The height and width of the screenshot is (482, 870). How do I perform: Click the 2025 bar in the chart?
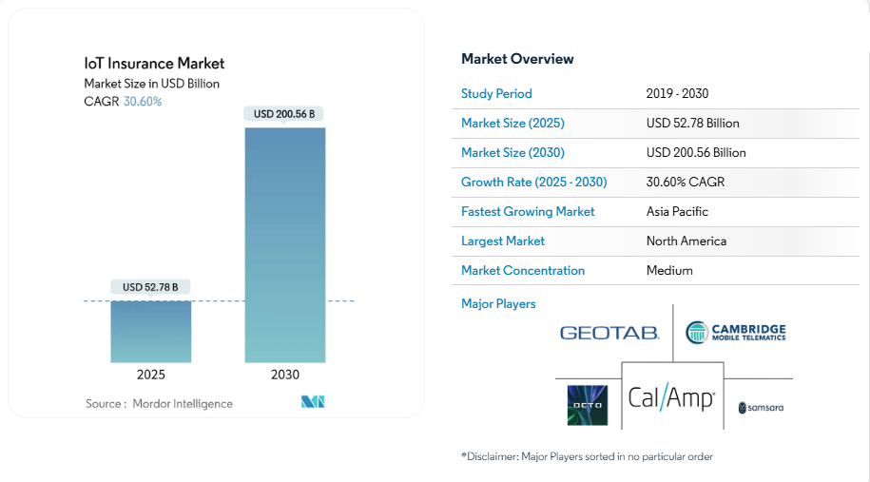(x=151, y=331)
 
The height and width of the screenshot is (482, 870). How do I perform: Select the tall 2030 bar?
(x=285, y=244)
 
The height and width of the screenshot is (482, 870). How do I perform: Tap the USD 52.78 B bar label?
(x=150, y=287)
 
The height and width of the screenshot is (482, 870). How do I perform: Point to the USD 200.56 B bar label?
(x=284, y=114)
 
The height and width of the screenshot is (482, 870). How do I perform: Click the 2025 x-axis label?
(x=151, y=375)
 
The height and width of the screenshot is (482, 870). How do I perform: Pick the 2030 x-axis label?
(x=285, y=375)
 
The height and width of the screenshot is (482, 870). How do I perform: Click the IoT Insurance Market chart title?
(x=154, y=64)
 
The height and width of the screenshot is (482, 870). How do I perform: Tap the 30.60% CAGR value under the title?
(x=143, y=102)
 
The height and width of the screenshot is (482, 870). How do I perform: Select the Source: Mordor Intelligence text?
(x=159, y=404)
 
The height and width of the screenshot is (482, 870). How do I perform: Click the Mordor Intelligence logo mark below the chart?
(x=314, y=402)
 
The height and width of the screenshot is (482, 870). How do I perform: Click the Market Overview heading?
(x=517, y=59)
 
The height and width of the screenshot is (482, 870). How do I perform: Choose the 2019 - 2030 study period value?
(x=677, y=93)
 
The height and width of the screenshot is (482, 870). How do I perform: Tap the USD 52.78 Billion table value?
(x=692, y=123)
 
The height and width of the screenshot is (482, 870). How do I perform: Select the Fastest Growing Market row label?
(x=528, y=211)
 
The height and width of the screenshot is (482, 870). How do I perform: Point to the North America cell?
(x=686, y=241)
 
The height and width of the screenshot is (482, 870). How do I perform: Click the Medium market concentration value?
(x=669, y=270)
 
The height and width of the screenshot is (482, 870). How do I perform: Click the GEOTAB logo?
(x=609, y=333)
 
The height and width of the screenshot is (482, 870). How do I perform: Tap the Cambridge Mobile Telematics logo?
(x=736, y=332)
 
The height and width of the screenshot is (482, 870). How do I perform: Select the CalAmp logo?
(x=671, y=396)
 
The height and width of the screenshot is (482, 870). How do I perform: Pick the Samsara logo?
(x=761, y=407)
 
